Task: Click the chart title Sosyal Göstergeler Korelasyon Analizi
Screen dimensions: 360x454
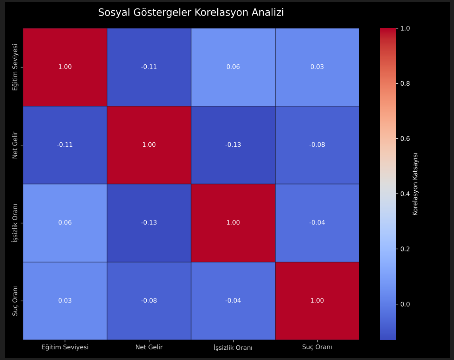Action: pyautogui.click(x=191, y=13)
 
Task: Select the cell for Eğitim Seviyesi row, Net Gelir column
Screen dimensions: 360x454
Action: pyautogui.click(x=149, y=67)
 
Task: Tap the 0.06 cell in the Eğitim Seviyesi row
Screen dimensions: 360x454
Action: pyautogui.click(x=233, y=67)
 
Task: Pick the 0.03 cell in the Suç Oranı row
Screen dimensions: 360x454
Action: pyautogui.click(x=65, y=301)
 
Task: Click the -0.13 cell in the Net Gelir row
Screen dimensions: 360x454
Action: pyautogui.click(x=233, y=145)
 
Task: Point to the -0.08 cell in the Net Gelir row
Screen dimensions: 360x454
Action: pyautogui.click(x=317, y=145)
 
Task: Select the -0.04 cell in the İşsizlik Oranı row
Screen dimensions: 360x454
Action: pyautogui.click(x=317, y=223)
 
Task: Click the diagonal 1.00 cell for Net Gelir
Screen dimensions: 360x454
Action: pyautogui.click(x=149, y=145)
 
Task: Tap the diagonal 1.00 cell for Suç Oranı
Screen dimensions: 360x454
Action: pyautogui.click(x=317, y=301)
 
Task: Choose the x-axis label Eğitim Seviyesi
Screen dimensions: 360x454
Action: pyautogui.click(x=65, y=347)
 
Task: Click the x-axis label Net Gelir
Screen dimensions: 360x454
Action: pyautogui.click(x=149, y=347)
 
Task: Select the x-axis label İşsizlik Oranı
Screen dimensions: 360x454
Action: pyautogui.click(x=233, y=348)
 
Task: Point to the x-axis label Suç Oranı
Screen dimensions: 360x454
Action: pyautogui.click(x=317, y=347)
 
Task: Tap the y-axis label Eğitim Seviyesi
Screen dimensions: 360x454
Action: pyautogui.click(x=15, y=67)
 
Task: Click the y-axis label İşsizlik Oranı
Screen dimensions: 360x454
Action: pyautogui.click(x=15, y=223)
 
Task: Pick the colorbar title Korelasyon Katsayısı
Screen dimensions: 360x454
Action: pyautogui.click(x=415, y=184)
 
